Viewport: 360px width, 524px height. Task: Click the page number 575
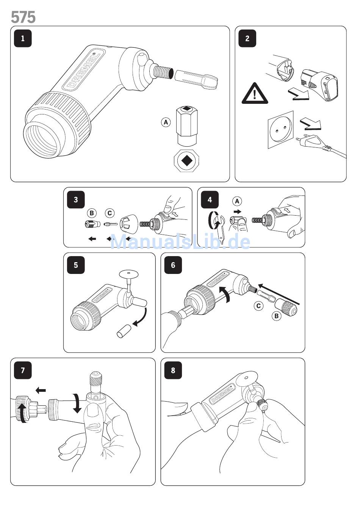point(23,17)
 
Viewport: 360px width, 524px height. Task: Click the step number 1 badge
point(23,38)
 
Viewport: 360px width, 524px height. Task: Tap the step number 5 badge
point(76,265)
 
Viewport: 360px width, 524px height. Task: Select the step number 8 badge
point(173,370)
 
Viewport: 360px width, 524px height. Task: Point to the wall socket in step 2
point(281,130)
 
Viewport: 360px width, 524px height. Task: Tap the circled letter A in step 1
point(166,122)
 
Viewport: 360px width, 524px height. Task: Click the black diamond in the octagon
point(187,161)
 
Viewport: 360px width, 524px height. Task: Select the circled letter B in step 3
point(92,213)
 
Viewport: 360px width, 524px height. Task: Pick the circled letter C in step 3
point(110,213)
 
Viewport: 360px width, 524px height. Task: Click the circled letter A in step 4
point(237,201)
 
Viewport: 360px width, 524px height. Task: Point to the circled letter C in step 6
point(258,305)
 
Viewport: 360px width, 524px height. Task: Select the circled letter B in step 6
point(277,316)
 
